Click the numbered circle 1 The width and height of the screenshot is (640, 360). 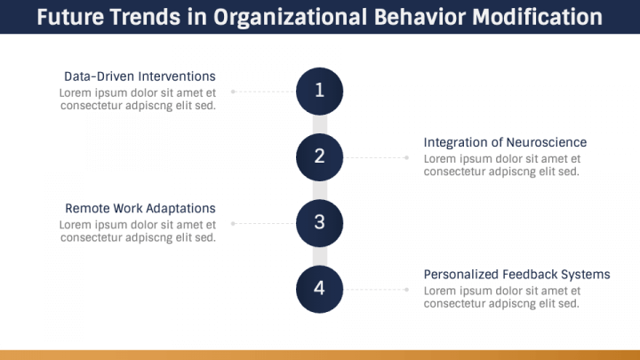[x=319, y=90]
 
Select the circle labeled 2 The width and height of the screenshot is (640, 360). [x=319, y=156]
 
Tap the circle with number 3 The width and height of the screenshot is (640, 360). [x=319, y=222]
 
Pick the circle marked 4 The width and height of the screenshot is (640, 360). [x=319, y=289]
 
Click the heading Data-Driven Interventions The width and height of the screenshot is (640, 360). [x=140, y=76]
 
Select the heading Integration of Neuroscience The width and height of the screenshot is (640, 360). [x=505, y=142]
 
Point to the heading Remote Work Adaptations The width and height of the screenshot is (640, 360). [x=140, y=208]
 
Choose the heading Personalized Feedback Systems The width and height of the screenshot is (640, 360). [x=516, y=274]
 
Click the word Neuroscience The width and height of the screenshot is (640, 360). [x=546, y=142]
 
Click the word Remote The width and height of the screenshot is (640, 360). [x=87, y=208]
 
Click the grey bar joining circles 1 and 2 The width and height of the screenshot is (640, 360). [x=319, y=123]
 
